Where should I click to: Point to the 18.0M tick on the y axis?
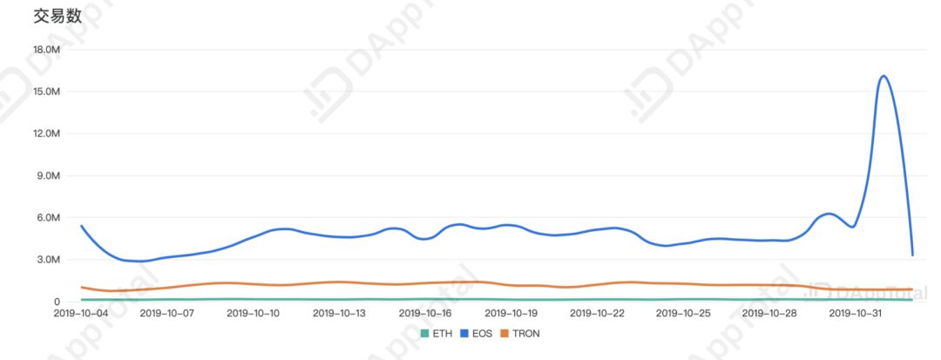point(45,50)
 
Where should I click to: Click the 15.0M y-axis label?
point(45,92)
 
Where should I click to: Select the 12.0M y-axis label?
point(45,133)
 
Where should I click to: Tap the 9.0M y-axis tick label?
point(47,175)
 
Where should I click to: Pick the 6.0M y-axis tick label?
point(47,217)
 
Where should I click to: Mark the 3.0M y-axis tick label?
point(47,260)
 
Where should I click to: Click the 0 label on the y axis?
point(56,302)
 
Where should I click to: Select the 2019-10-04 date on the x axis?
point(81,313)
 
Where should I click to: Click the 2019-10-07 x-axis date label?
point(166,313)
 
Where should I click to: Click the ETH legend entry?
point(437,334)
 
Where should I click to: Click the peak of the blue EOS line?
point(883,76)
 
